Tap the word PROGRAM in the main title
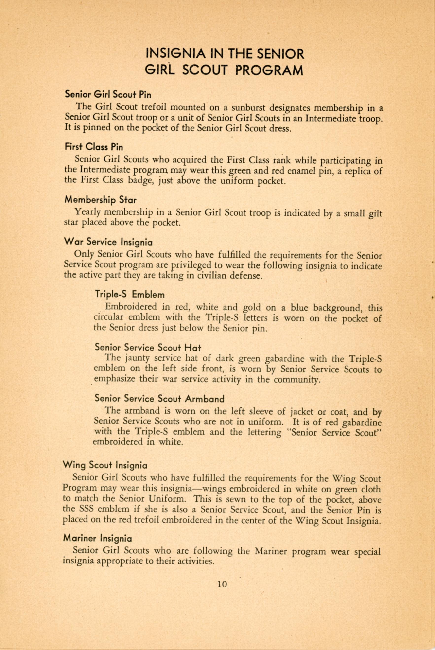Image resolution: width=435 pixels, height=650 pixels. tap(269, 71)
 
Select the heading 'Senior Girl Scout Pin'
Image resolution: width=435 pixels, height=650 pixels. tap(108, 95)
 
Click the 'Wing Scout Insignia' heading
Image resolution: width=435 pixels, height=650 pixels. tap(105, 465)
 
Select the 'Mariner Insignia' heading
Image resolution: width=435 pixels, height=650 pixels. tap(97, 539)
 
